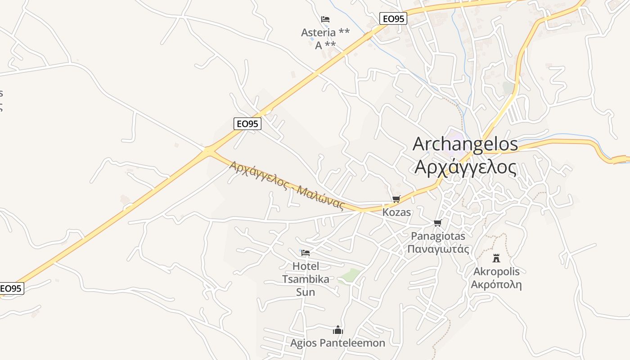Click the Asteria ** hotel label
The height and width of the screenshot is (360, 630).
325,32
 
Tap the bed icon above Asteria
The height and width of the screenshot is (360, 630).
325,19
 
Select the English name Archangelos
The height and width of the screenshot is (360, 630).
465,144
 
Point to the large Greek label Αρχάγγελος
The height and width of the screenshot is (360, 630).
465,167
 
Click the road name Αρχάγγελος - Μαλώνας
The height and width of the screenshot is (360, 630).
287,185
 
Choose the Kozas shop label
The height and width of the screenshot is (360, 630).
396,212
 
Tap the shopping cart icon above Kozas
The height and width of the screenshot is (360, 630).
396,199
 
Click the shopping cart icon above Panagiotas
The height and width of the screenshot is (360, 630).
437,223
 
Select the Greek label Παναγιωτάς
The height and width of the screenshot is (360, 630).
438,249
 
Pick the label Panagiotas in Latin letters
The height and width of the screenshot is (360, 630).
438,236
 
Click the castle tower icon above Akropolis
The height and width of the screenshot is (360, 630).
496,258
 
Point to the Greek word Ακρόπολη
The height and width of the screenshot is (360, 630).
496,284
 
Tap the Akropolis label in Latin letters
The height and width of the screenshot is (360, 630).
496,271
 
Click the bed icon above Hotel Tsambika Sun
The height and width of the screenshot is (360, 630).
306,253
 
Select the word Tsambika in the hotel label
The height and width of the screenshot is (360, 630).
306,279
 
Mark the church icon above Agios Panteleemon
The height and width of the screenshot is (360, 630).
337,330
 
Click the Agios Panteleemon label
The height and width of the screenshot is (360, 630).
337,343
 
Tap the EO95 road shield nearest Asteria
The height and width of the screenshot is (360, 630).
393,18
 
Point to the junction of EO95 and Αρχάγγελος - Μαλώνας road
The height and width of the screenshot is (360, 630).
208,151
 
